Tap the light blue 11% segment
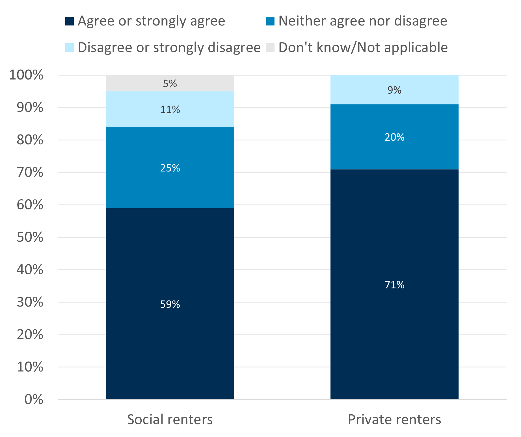click(170, 119)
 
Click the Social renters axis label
click(170, 419)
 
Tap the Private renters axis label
click(394, 419)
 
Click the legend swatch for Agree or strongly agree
click(70, 21)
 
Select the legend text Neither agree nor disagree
click(363, 21)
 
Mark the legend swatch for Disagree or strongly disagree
click(70, 48)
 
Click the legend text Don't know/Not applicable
click(363, 48)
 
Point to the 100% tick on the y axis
click(26, 75)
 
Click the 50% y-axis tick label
click(30, 237)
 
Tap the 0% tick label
click(34, 399)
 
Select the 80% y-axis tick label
click(30, 140)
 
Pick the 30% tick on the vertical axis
click(30, 302)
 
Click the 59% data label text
click(170, 304)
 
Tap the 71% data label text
click(394, 285)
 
